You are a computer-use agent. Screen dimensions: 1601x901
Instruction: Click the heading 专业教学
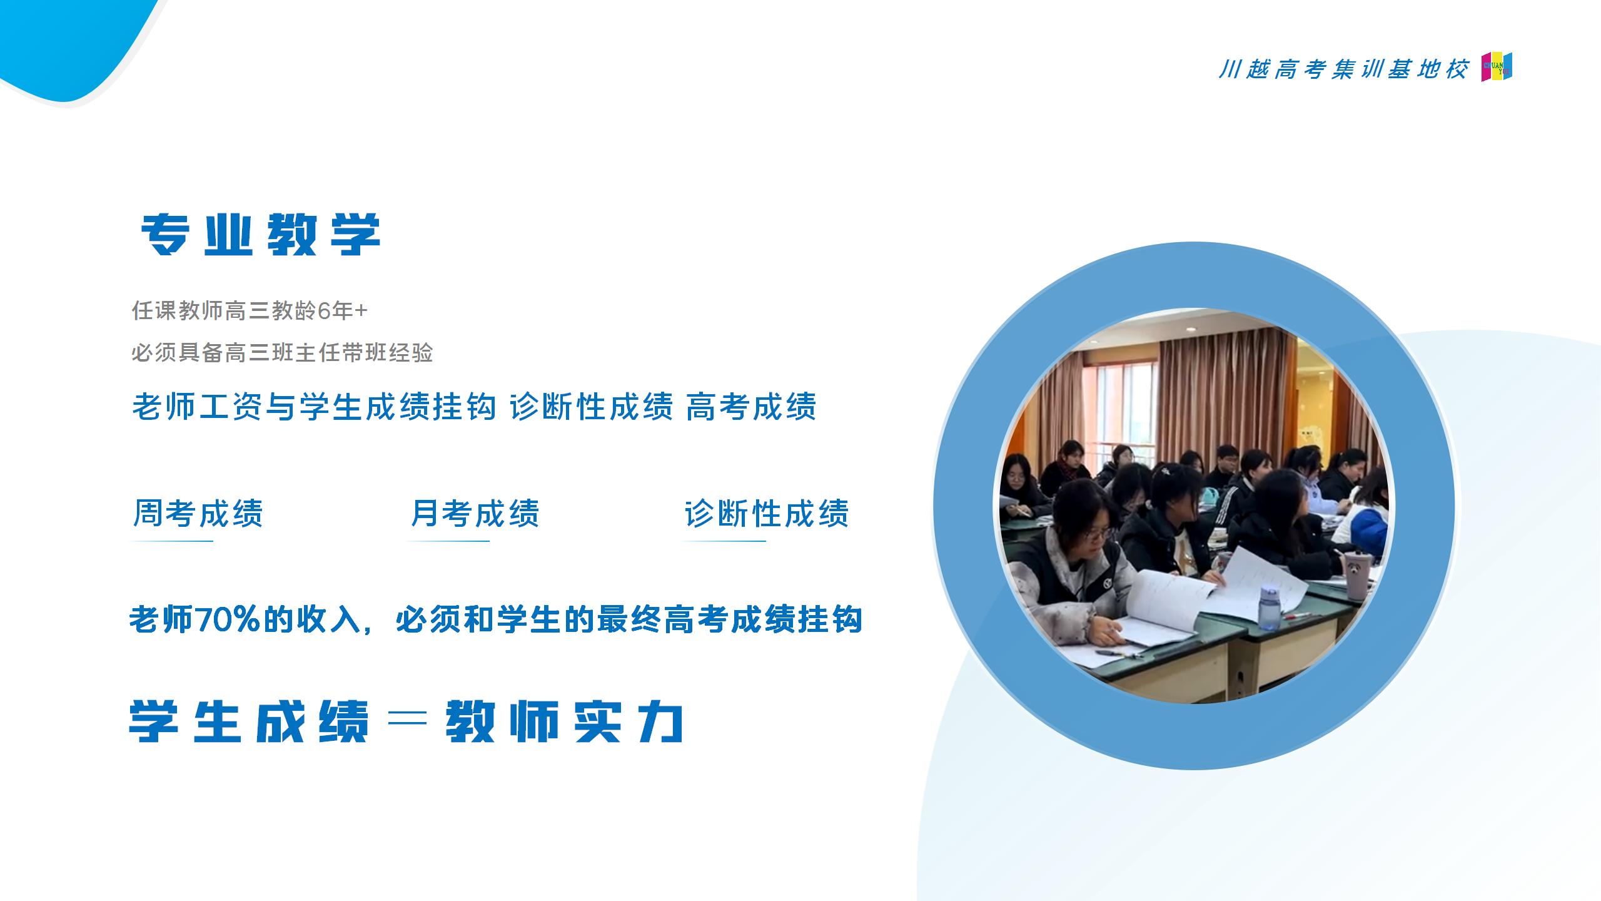261,235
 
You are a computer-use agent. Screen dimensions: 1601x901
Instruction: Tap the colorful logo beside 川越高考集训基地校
1497,67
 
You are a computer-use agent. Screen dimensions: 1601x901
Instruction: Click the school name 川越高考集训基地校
1343,69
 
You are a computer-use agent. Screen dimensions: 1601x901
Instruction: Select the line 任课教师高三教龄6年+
250,310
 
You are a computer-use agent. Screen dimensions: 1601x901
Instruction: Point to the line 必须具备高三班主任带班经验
282,353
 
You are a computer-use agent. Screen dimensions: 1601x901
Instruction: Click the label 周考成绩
198,514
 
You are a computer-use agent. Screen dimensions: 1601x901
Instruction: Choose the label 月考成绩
475,514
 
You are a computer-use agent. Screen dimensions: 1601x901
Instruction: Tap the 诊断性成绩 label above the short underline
767,514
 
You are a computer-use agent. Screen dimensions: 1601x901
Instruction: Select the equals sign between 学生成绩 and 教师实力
407,721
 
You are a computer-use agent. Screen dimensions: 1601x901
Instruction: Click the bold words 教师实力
564,722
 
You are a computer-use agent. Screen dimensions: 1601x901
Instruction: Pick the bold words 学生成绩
249,722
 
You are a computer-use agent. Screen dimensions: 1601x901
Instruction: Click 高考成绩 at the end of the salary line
751,407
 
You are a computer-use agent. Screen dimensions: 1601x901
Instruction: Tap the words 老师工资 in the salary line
197,407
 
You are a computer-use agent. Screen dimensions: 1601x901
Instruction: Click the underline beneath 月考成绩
448,541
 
